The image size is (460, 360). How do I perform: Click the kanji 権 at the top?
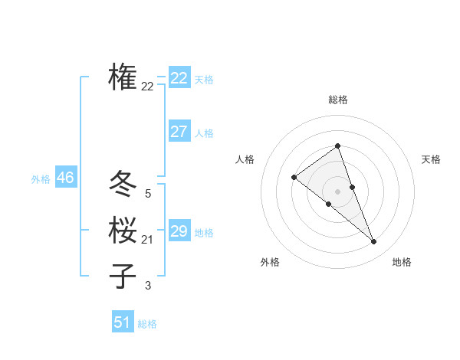(x=123, y=77)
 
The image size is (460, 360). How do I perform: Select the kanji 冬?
(x=123, y=184)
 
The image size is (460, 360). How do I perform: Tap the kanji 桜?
(x=123, y=230)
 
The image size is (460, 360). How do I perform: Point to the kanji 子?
(x=123, y=276)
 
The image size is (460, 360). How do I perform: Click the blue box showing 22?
(x=179, y=78)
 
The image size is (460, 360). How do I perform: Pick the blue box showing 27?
(x=179, y=132)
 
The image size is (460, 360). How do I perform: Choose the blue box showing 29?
(x=179, y=231)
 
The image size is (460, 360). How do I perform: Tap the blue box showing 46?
(x=65, y=178)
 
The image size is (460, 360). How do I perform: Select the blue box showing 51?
(x=123, y=322)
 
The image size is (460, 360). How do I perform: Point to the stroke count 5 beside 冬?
(x=147, y=195)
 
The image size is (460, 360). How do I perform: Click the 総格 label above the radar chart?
(x=338, y=100)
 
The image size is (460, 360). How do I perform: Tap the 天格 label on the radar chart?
(x=431, y=159)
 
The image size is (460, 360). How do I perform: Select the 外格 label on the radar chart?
(x=270, y=262)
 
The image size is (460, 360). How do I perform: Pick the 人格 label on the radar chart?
(x=245, y=159)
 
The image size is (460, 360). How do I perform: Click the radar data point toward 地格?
(x=374, y=242)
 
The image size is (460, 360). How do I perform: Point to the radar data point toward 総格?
(x=338, y=146)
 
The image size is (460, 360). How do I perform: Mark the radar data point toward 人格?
(x=294, y=178)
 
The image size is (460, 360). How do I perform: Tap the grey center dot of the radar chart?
(x=338, y=191)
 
